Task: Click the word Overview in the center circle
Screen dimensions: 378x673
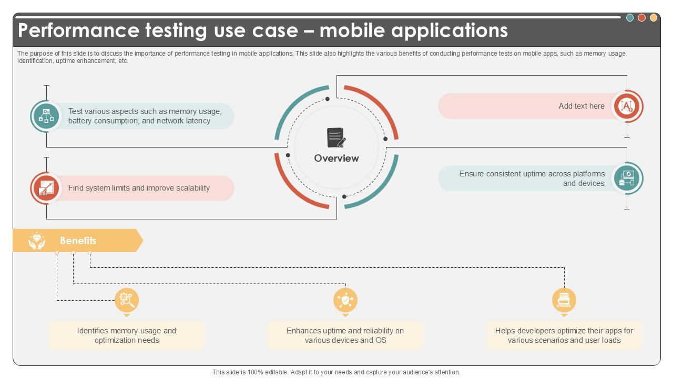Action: (336, 158)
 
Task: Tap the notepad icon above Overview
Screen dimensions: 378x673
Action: (336, 138)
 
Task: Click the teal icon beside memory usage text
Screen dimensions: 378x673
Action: (46, 116)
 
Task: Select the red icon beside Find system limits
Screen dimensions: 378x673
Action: (46, 188)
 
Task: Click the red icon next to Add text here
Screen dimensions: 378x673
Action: (627, 106)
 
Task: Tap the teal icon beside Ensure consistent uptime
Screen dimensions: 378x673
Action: (627, 178)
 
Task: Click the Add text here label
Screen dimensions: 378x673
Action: (581, 106)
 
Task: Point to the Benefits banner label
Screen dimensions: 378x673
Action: (78, 240)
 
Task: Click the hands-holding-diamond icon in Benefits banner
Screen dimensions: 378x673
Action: (36, 240)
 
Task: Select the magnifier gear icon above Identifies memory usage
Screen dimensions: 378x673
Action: (127, 300)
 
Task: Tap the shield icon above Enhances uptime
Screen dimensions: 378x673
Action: (345, 300)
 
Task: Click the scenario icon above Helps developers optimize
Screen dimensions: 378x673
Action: (564, 300)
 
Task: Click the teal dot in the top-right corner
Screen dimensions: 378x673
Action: (630, 18)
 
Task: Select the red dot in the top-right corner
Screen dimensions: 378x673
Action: (641, 18)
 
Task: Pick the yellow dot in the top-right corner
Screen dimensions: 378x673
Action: (654, 18)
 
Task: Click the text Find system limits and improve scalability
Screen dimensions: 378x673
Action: (139, 188)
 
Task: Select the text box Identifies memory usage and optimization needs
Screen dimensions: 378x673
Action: (127, 335)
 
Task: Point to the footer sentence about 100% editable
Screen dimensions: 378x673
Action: (336, 372)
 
